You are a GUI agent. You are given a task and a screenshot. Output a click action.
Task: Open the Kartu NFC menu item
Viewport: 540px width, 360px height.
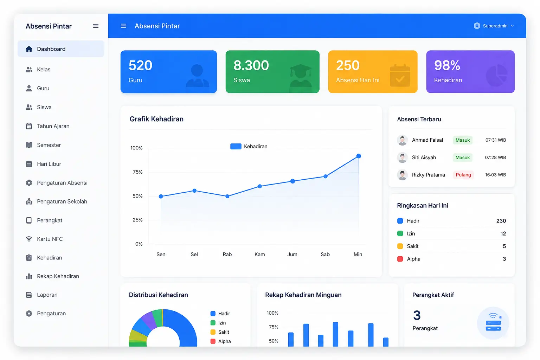[x=50, y=239]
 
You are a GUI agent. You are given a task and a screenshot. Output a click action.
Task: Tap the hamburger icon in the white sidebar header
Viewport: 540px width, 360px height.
[x=96, y=26]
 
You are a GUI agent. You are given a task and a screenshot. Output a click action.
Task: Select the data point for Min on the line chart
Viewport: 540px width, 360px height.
[x=359, y=156]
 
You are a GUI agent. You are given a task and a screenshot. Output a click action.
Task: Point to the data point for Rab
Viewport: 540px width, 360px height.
[x=227, y=196]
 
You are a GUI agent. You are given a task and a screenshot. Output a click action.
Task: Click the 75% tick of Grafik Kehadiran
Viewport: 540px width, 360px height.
[x=138, y=172]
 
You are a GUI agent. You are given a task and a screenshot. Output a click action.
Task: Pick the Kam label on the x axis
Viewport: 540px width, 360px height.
[x=260, y=255]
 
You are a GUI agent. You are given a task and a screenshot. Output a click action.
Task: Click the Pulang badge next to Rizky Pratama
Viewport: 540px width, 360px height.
[x=463, y=175]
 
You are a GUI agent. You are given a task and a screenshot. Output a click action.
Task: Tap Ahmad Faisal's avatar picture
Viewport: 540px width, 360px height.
[x=402, y=140]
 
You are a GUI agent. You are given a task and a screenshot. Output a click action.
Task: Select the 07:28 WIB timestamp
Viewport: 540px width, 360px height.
[x=495, y=157]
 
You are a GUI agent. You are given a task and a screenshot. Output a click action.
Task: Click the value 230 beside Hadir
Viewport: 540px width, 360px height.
[x=501, y=221]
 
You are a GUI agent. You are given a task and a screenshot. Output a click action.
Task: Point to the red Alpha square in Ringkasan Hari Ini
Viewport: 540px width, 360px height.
[x=400, y=259]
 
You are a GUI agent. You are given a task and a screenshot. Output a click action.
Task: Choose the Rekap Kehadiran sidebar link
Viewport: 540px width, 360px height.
[x=58, y=276]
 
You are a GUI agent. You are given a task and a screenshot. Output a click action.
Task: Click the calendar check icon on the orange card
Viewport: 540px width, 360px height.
[x=400, y=76]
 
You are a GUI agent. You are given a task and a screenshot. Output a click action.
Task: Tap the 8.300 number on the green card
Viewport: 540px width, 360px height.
[x=251, y=65]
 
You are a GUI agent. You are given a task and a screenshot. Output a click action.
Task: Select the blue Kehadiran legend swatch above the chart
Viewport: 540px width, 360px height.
[x=236, y=146]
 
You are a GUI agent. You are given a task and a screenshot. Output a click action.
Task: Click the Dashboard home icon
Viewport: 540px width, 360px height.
[x=29, y=49]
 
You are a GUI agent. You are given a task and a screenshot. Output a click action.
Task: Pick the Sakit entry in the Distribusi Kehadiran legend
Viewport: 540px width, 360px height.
[x=220, y=332]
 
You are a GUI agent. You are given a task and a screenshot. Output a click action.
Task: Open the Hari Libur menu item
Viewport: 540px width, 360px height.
[x=49, y=164]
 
